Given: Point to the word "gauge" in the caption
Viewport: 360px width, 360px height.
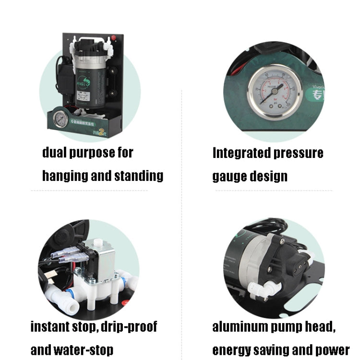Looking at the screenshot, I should tap(229, 176).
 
